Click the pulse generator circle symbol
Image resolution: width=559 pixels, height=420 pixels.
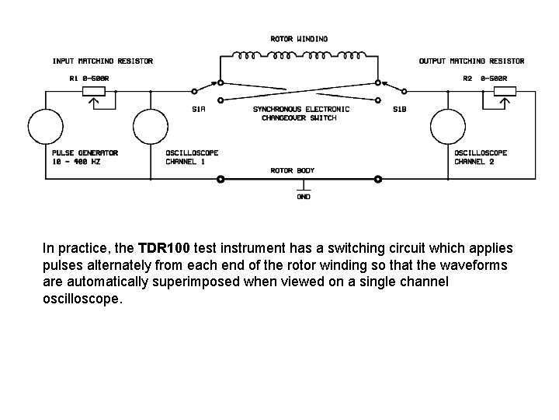45,126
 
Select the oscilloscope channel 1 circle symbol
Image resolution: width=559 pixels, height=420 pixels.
150,126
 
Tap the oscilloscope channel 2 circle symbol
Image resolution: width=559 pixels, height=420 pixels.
448,126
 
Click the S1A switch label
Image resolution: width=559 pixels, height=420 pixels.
200,109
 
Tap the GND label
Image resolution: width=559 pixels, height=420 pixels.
303,197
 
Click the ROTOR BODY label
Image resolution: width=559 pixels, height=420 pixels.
293,170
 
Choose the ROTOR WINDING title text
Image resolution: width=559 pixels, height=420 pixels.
299,38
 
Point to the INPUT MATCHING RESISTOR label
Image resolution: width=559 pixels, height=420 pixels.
102,61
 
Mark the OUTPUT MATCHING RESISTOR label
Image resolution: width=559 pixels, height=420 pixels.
471,61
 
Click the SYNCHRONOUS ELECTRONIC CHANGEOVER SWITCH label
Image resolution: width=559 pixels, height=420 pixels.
301,114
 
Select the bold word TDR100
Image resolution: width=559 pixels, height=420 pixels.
163,249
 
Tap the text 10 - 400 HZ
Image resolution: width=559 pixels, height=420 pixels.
75,162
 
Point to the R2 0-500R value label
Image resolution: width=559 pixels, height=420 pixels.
484,78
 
